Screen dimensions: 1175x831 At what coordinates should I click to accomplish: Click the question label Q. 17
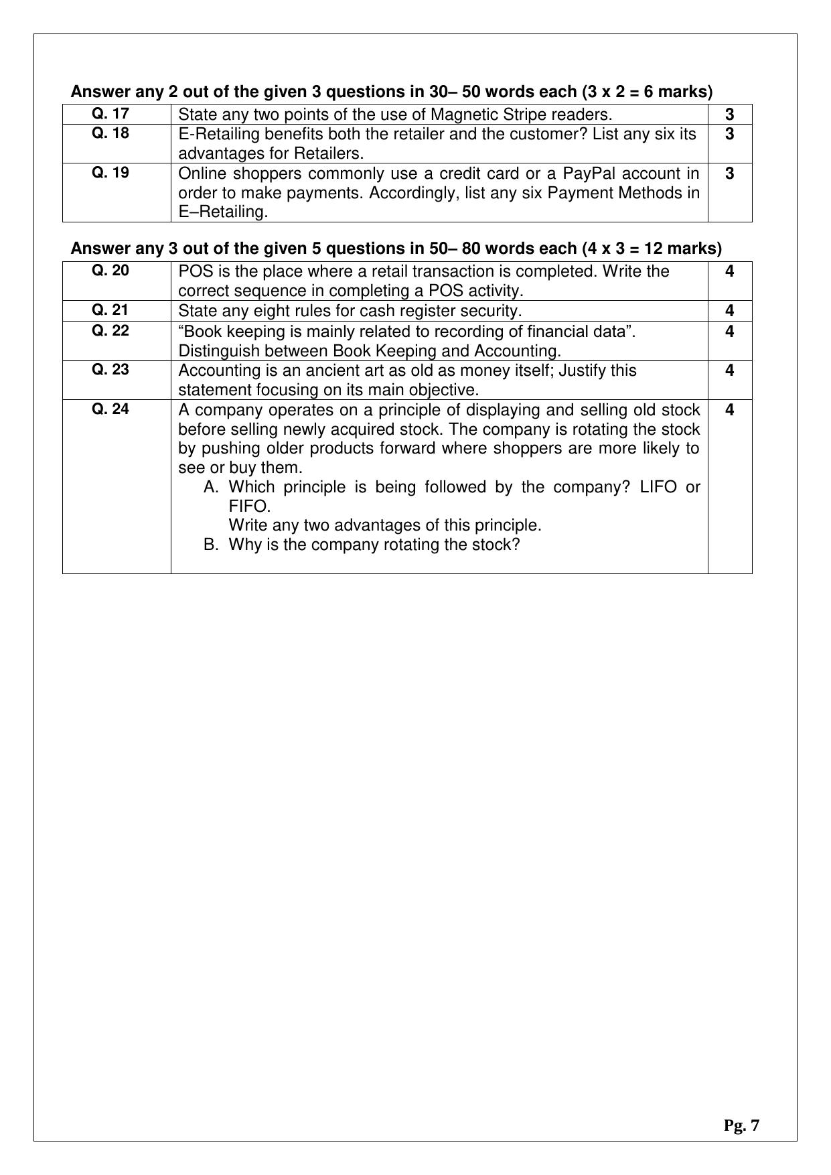110,113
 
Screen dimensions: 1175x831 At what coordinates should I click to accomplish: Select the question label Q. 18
110,133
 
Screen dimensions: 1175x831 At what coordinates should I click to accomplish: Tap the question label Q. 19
110,173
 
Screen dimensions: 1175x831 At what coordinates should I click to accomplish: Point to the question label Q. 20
110,270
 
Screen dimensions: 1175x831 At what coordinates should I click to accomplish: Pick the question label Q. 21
110,310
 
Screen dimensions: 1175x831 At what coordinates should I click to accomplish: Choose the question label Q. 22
110,330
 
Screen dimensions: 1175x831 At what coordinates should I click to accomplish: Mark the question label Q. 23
110,370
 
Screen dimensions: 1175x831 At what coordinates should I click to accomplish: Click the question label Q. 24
110,409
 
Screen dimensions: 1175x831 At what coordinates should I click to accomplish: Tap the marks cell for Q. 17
729,115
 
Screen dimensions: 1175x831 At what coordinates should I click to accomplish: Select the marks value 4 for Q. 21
729,311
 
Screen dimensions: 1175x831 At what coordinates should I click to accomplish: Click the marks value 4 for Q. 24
729,410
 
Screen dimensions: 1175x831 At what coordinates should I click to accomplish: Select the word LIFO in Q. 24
660,487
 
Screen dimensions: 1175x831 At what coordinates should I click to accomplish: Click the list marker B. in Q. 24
212,545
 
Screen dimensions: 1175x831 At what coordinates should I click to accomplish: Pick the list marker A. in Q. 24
212,487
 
